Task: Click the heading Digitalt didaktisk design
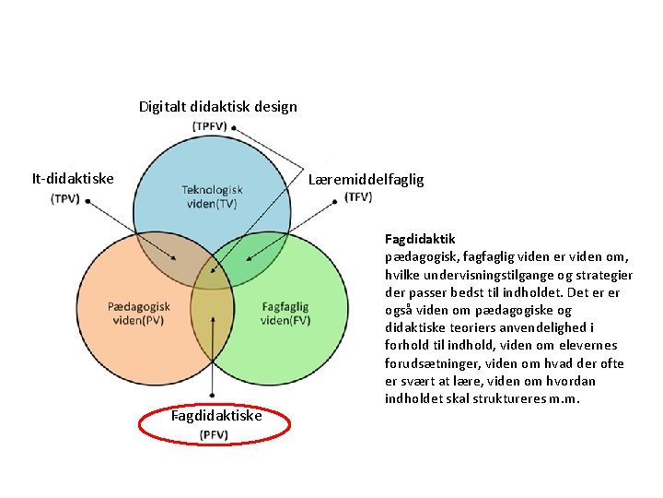(217, 106)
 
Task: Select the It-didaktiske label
(73, 178)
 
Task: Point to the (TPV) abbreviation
(64, 198)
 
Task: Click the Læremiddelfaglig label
(366, 179)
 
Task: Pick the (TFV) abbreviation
(358, 196)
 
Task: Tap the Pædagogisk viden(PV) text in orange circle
(139, 314)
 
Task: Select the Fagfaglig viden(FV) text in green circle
(285, 314)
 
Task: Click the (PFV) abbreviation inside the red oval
(215, 434)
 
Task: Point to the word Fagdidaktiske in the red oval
(216, 416)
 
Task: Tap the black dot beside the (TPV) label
(87, 200)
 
